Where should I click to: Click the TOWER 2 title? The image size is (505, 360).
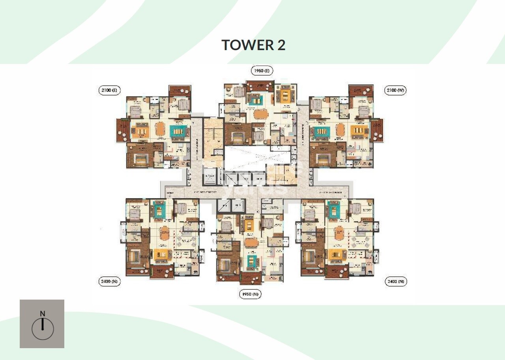pos(253,45)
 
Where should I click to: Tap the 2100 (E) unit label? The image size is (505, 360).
pos(108,90)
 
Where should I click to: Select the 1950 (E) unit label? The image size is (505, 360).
pos(262,71)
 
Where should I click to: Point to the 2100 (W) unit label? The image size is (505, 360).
pos(395,90)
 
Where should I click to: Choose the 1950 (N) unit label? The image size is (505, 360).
pos(250,294)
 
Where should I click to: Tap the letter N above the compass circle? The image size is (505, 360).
pos(42,314)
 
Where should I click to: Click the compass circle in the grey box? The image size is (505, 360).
pos(43,329)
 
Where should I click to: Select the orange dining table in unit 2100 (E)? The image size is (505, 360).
pos(161,129)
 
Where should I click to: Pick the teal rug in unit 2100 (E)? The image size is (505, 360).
pos(179,131)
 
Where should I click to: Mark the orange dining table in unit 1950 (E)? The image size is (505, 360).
pos(260,113)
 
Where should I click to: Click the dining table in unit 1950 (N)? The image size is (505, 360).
pos(250,242)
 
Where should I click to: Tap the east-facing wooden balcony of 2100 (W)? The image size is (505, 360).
pos(377,130)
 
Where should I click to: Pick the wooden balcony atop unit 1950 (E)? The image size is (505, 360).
pos(260,86)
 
